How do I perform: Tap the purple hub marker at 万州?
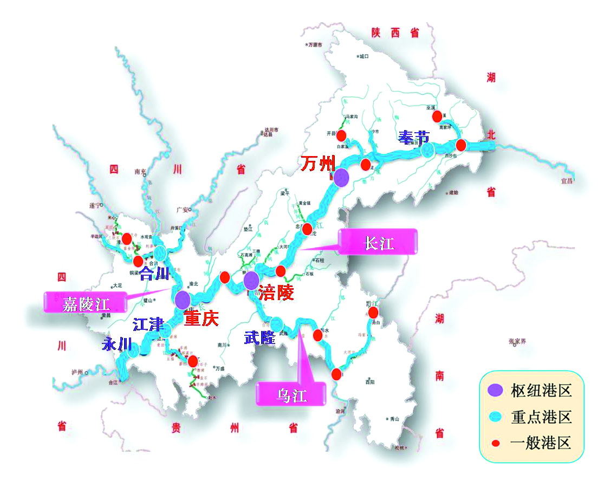pyautogui.click(x=341, y=178)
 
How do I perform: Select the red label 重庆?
pyautogui.click(x=201, y=318)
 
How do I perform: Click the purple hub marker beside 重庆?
pyautogui.click(x=182, y=298)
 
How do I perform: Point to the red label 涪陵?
pyautogui.click(x=276, y=293)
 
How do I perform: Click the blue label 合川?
pyautogui.click(x=154, y=273)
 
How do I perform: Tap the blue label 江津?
pyautogui.click(x=148, y=325)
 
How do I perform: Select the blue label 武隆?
pyautogui.click(x=259, y=337)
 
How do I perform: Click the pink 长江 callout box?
pyautogui.click(x=378, y=242)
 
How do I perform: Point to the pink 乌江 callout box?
pyautogui.click(x=292, y=394)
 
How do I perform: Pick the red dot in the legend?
pyautogui.click(x=494, y=444)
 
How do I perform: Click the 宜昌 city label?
pyautogui.click(x=566, y=181)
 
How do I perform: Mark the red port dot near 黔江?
pyautogui.click(x=373, y=313)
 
